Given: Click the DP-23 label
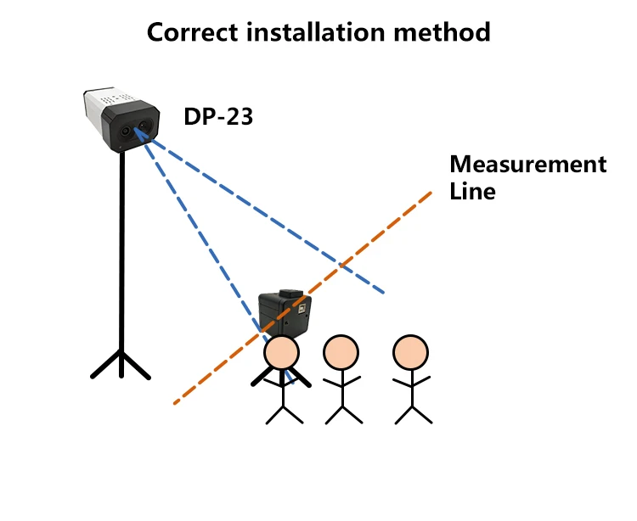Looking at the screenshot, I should pos(218,116).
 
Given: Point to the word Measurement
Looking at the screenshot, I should pos(527,164).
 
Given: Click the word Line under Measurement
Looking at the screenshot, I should pos(472,191).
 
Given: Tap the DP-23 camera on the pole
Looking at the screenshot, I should pos(121,120).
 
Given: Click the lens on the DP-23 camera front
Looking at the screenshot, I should pos(129,133).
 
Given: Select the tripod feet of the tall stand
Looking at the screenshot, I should pos(121,365).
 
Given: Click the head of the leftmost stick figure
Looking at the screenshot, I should pos(281,351).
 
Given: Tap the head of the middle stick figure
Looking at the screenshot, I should pos(341,351).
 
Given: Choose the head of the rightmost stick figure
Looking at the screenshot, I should pos(410,351).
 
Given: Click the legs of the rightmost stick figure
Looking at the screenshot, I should pos(412,413).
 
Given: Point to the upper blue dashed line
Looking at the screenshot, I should pos(272,221).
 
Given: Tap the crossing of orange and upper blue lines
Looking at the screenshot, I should pos(341,266).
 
